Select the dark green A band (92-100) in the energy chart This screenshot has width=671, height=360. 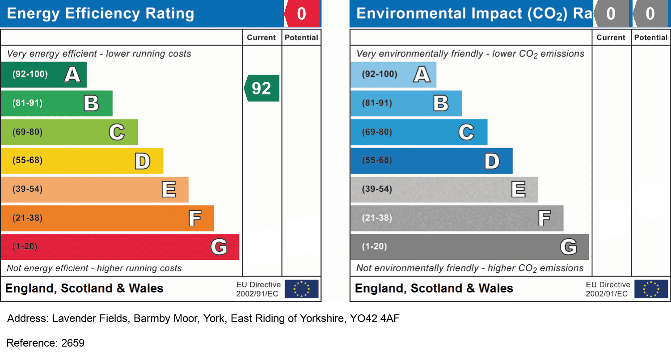[43, 74]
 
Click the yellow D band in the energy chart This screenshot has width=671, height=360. [82, 161]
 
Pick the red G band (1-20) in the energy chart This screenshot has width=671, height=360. [120, 247]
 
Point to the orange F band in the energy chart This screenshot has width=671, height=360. [107, 218]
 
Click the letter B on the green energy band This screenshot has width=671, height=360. [91, 103]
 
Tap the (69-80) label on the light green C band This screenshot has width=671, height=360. [27, 132]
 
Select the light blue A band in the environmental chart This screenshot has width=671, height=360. [393, 74]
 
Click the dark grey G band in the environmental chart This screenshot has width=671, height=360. [469, 247]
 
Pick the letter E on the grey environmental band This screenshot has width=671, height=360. [518, 190]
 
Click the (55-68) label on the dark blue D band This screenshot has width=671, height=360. [377, 161]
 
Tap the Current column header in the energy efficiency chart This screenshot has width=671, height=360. [262, 38]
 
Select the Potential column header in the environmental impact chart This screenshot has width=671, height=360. [650, 38]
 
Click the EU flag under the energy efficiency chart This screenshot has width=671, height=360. [301, 289]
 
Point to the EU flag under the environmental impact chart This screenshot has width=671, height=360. [651, 289]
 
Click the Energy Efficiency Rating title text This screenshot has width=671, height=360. [101, 14]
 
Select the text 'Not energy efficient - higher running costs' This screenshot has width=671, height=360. [94, 268]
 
